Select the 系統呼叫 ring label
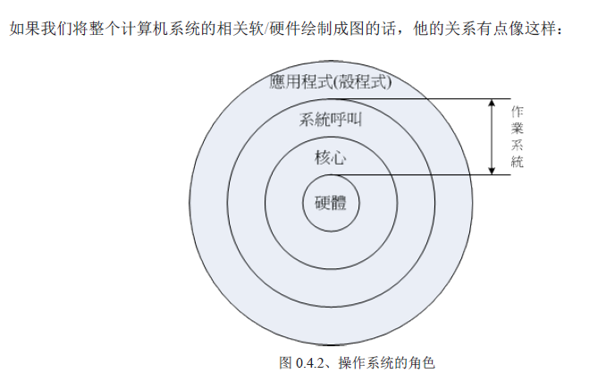pyautogui.click(x=331, y=119)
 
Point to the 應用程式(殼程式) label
pyautogui.click(x=331, y=83)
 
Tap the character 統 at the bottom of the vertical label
pyautogui.click(x=517, y=162)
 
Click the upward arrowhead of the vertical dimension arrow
pyautogui.click(x=491, y=104)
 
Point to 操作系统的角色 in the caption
pyautogui.click(x=387, y=362)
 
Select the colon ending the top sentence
pyautogui.click(x=560, y=31)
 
